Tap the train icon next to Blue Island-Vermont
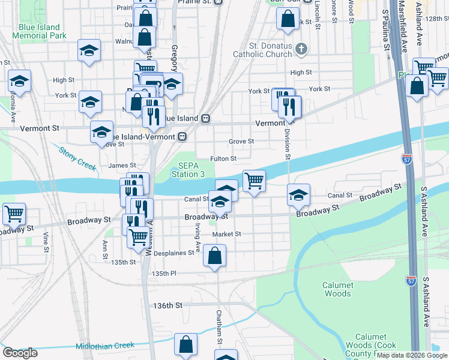click(x=182, y=136)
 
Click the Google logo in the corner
click(x=20, y=352)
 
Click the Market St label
click(x=226, y=234)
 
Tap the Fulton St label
click(x=223, y=158)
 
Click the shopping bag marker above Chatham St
click(x=214, y=256)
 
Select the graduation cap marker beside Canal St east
click(x=298, y=194)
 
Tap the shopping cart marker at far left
click(x=13, y=213)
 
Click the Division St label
click(x=288, y=144)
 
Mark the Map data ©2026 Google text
click(x=412, y=355)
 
